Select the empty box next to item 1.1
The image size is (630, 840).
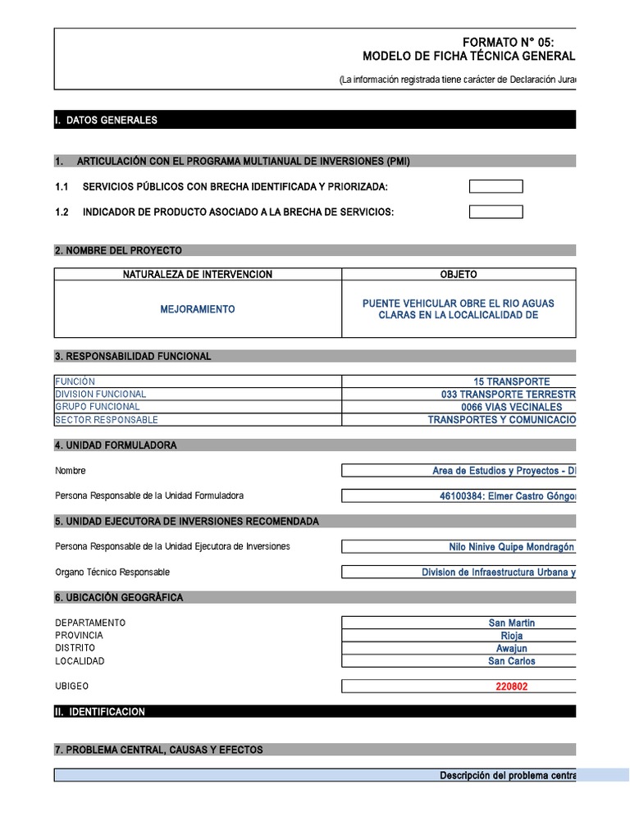495,186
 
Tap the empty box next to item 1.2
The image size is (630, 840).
495,212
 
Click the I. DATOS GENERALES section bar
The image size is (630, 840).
315,120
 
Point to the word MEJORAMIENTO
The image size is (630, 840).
198,309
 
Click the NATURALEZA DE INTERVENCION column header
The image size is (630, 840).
198,274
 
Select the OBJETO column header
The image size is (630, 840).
459,274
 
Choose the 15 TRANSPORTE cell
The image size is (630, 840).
511,381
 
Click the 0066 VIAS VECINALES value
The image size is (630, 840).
511,407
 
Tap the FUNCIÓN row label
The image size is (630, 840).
75,381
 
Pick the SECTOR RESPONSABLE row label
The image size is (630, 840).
107,420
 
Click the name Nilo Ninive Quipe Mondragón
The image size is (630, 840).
511,547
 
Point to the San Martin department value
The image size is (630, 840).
511,623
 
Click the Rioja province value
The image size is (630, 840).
511,636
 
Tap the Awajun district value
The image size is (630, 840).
511,648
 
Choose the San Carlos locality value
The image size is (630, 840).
511,661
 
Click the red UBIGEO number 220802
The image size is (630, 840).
511,687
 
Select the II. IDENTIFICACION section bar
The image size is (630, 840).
315,712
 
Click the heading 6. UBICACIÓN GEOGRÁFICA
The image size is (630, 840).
119,597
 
